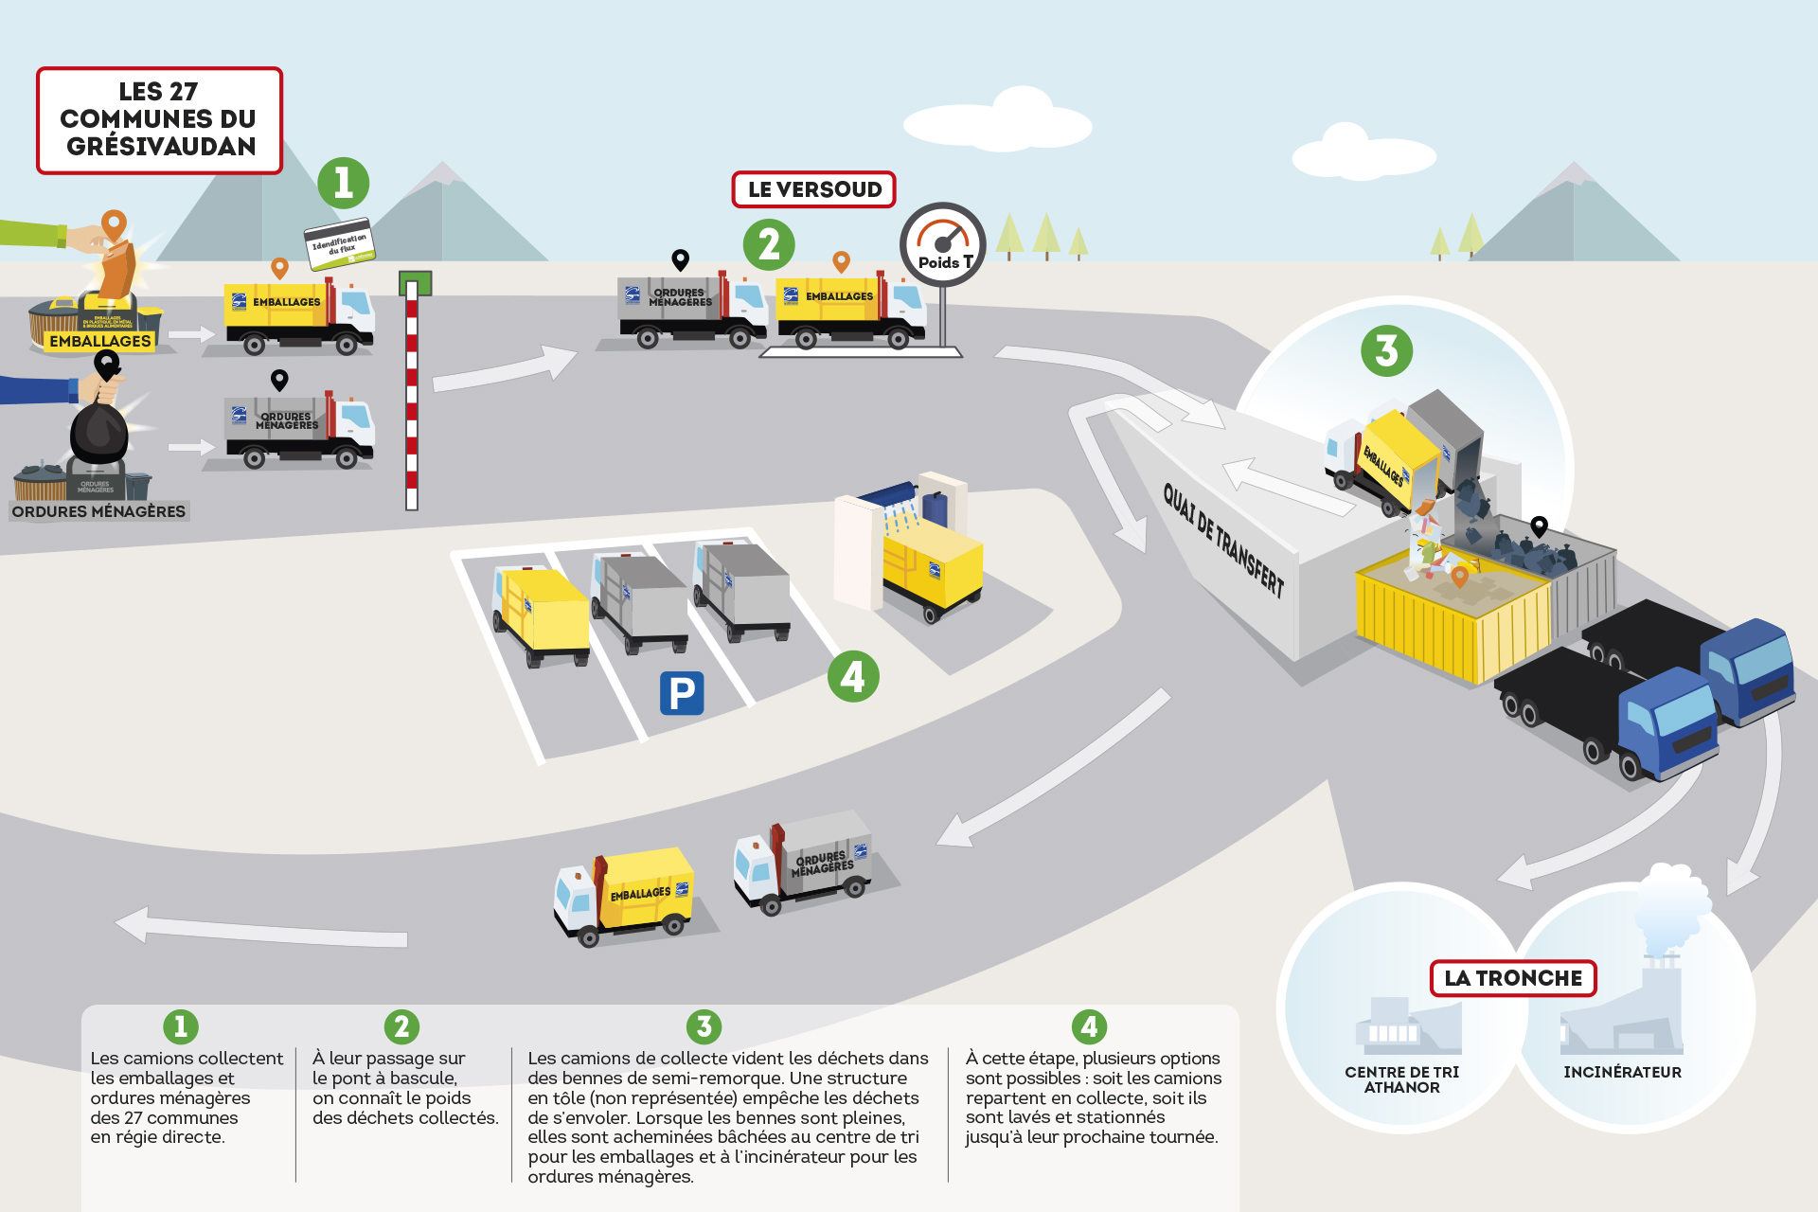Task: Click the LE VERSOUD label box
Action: coord(813,189)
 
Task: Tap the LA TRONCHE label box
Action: coord(1512,978)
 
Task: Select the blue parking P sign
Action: coord(682,693)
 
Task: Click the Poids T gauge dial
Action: coord(943,244)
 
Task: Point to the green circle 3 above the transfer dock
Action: coord(1386,350)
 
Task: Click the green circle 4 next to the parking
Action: coord(852,676)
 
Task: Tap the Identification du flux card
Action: coord(339,245)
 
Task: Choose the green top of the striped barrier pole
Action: coord(415,283)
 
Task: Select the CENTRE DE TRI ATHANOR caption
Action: coord(1401,1079)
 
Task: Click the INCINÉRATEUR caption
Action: coord(1622,1072)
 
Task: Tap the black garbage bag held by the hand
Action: coord(99,433)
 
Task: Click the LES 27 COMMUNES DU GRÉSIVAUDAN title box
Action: coord(159,120)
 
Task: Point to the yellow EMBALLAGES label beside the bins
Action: coord(100,341)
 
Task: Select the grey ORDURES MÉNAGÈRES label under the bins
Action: coord(98,511)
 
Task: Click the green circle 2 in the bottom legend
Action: coord(401,1026)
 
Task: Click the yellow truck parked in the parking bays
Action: coord(542,614)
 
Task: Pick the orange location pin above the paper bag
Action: coord(114,224)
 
